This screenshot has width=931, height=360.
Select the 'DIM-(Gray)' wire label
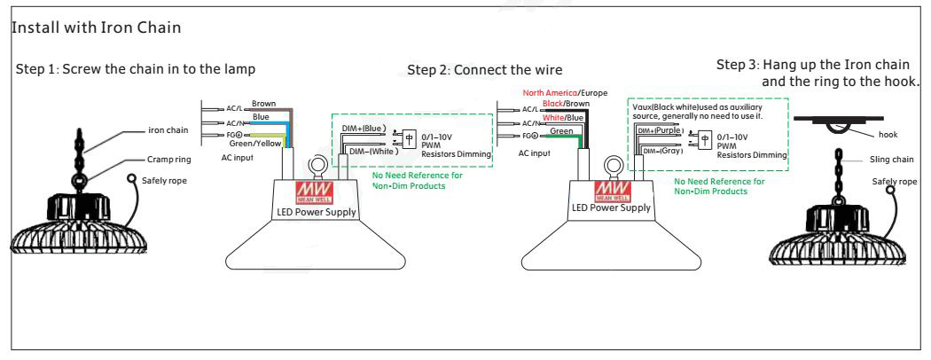(657, 152)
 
